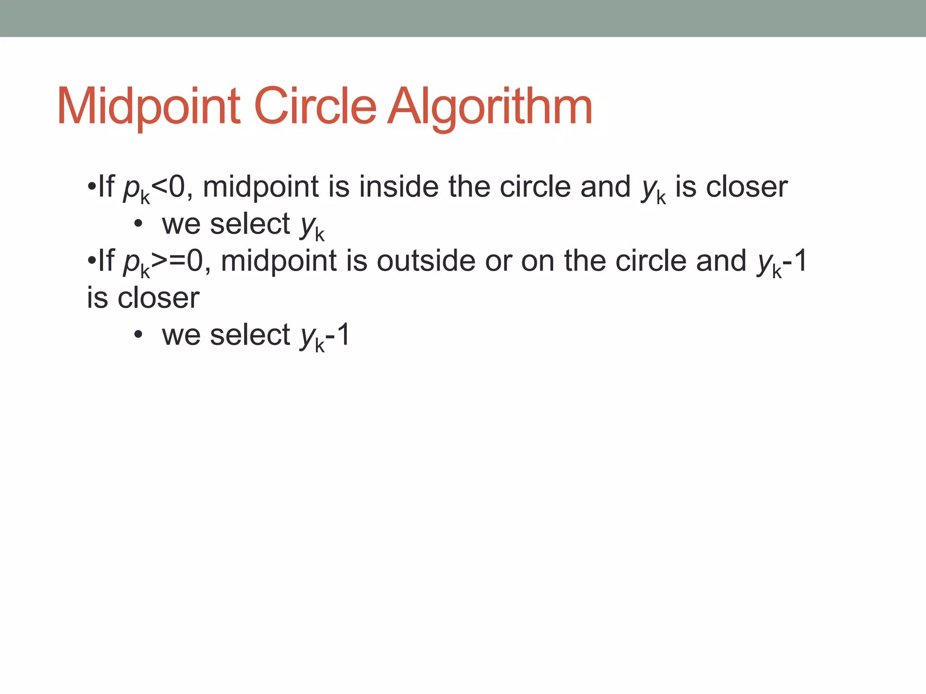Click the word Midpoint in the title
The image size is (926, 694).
pos(148,107)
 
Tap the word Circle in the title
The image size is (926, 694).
pos(315,107)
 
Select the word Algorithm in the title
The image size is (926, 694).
pos(490,107)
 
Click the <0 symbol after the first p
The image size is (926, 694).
pos(168,187)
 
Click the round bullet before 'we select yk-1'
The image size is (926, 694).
pos(138,335)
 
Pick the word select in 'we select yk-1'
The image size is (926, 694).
pos(250,335)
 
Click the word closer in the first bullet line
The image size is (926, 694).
pos(746,187)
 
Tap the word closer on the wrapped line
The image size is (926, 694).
pos(158,298)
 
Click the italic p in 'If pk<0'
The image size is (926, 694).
pos(131,188)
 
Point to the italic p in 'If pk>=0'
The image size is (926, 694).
pos(131,263)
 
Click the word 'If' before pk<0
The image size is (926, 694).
pos(106,187)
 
